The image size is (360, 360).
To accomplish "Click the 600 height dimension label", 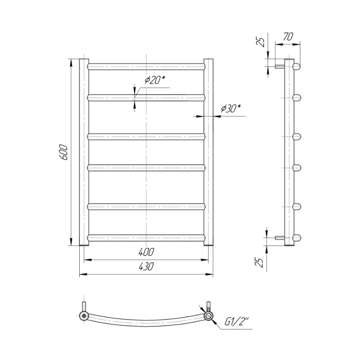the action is (x=63, y=152).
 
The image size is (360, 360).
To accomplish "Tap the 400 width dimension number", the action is (x=146, y=252).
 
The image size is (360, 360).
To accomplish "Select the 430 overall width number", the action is (x=146, y=266).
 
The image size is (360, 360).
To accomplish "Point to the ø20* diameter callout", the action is (x=155, y=80).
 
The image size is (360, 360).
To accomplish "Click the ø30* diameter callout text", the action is (x=231, y=108).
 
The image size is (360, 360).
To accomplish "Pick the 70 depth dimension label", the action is (x=288, y=37).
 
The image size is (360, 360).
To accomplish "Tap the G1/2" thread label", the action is (x=237, y=322).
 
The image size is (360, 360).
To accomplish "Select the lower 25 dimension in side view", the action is (x=259, y=262).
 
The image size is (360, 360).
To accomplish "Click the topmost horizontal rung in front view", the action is (x=146, y=67).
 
